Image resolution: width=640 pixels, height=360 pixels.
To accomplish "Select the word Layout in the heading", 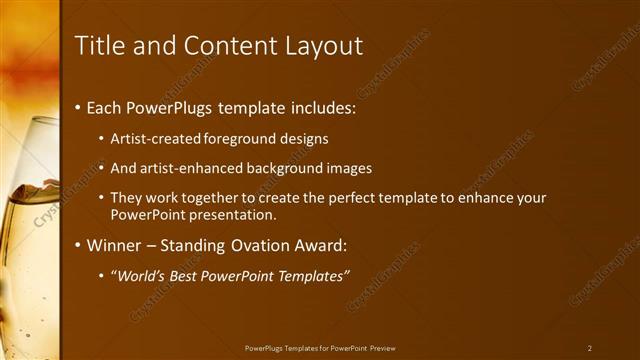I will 320,45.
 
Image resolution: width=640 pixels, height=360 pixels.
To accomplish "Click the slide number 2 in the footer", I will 590,347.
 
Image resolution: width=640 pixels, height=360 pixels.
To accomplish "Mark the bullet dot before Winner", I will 79,244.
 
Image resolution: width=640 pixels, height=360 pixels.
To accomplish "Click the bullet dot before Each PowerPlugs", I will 79,107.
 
